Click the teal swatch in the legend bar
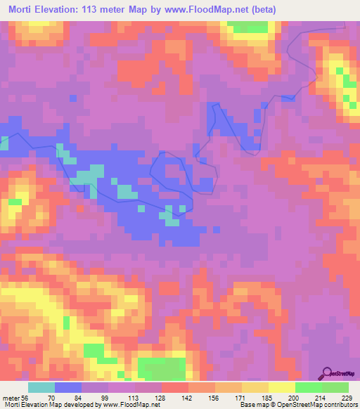click(x=41, y=387)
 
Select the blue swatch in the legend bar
click(x=68, y=387)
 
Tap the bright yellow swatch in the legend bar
click(x=281, y=387)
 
